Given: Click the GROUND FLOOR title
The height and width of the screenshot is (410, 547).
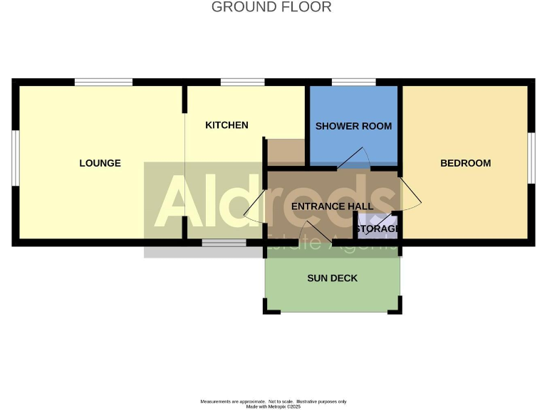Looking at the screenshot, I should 271,8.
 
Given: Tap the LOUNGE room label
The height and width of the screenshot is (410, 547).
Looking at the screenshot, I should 100,163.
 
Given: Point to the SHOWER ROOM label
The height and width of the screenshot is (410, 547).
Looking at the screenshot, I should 353,126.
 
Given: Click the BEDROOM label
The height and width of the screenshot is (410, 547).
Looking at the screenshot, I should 465,163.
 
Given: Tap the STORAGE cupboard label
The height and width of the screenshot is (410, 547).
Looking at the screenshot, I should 377,229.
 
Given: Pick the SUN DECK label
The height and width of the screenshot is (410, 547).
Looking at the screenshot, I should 332,278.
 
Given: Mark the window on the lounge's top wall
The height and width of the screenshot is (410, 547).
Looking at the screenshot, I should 103,82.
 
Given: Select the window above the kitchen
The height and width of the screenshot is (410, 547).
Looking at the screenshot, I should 232,82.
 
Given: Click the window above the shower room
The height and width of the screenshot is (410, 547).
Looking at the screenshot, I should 354,82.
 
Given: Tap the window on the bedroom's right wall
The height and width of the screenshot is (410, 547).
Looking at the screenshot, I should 531,157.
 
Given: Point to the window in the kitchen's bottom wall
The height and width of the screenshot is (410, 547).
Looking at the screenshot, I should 224,243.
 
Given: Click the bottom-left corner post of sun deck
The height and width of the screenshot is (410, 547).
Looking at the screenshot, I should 268,308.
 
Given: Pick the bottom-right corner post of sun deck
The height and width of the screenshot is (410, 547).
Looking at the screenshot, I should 397,308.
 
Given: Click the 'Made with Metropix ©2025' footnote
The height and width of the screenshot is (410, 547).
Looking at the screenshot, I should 273,406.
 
